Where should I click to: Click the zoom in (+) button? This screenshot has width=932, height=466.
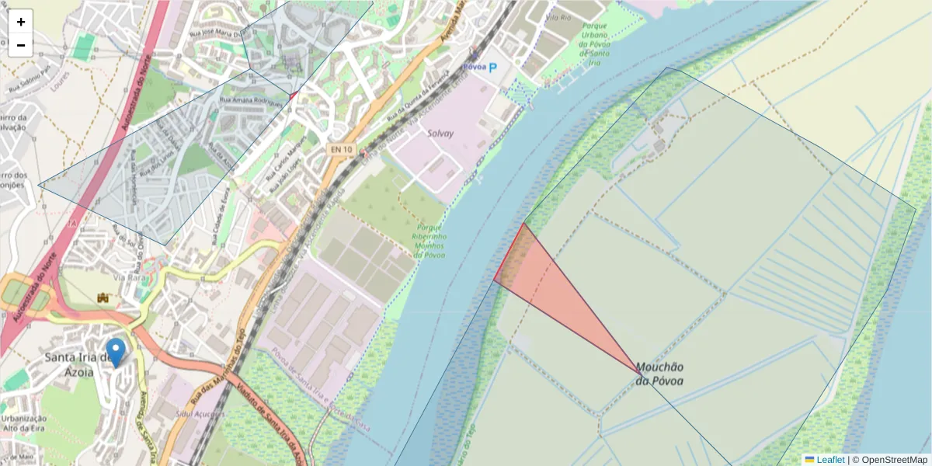[x=21, y=22]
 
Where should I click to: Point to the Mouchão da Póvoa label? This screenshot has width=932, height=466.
[x=660, y=374]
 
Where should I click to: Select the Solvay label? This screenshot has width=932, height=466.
[x=440, y=134]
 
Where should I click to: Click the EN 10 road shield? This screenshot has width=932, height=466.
[x=340, y=149]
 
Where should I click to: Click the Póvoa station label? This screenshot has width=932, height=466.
[x=473, y=67]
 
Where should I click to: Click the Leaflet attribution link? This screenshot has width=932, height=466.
[x=829, y=460]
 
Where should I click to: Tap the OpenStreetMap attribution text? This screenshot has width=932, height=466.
[x=893, y=460]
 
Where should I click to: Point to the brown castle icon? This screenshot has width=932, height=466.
[x=102, y=297]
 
